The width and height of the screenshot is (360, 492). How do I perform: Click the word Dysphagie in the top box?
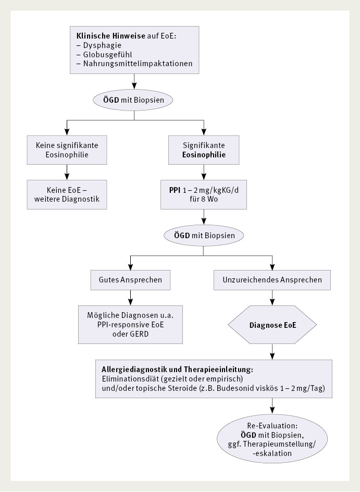102,45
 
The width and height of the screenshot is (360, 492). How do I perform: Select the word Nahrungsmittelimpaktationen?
138,64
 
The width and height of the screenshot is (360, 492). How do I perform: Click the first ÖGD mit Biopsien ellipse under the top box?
134,100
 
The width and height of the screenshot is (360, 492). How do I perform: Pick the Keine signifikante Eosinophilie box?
67,150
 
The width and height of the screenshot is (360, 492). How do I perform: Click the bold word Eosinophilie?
204,155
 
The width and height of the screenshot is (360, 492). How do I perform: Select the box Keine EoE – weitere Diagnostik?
67,194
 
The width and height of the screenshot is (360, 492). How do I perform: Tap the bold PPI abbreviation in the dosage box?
175,190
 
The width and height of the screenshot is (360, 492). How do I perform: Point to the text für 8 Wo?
204,199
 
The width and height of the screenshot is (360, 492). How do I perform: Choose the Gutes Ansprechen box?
130,279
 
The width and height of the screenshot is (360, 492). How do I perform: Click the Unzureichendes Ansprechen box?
272,279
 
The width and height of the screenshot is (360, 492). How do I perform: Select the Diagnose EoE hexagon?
272,325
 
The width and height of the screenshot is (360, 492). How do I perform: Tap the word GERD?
139,334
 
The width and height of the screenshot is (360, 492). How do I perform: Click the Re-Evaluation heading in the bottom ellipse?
272,426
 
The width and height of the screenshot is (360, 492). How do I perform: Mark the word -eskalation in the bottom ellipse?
272,453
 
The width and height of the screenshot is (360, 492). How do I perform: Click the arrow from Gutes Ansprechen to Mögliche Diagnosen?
130,298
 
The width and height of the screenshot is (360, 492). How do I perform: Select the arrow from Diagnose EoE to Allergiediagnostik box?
272,352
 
